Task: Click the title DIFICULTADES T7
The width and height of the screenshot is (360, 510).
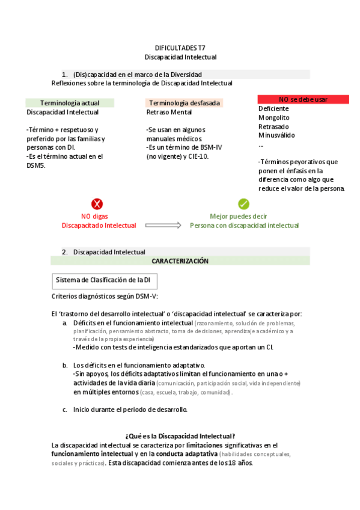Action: [x=180, y=48]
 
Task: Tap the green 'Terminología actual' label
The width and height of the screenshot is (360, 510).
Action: [x=69, y=103]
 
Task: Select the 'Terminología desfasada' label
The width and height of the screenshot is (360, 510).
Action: [x=184, y=103]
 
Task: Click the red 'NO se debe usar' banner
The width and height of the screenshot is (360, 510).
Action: [x=303, y=99]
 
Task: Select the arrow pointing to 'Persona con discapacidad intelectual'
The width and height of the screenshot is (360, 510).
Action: [x=163, y=225]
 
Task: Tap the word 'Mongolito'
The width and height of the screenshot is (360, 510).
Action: [x=273, y=118]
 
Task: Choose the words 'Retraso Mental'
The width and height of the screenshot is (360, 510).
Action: [x=169, y=112]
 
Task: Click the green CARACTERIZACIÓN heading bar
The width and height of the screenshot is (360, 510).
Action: [x=180, y=261]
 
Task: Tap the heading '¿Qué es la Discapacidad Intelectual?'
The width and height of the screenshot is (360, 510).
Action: [x=180, y=436]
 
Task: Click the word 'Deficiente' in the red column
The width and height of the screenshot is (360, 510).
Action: [x=273, y=109]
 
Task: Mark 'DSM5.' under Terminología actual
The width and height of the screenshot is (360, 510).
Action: [x=36, y=165]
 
